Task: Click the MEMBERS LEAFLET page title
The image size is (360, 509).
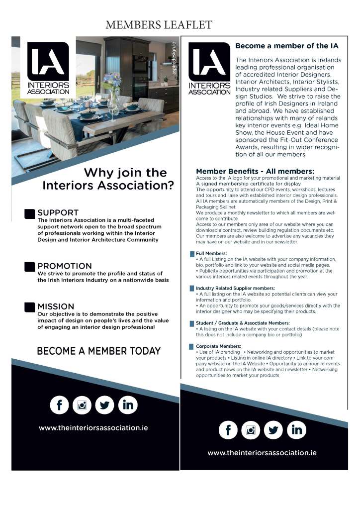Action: coord(159,24)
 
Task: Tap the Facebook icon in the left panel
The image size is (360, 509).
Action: coord(60,405)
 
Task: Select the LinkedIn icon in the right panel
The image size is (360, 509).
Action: coord(297,429)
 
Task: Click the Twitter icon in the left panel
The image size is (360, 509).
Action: coord(104,405)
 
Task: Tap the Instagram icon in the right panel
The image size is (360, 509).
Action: coord(251,429)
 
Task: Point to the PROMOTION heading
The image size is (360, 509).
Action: coord(65,266)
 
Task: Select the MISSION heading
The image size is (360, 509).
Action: coord(56,306)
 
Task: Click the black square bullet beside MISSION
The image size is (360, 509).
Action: coord(30,306)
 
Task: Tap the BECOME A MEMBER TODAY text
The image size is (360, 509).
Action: coord(98,351)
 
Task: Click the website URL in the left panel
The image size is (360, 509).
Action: coord(93,428)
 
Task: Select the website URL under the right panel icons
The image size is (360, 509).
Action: coord(262,453)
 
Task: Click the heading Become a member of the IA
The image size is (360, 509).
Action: coord(286,46)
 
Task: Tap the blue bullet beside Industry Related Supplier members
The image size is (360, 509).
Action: coord(192,289)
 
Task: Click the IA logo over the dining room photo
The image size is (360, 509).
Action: coord(48,68)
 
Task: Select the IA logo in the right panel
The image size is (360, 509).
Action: coord(209,68)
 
